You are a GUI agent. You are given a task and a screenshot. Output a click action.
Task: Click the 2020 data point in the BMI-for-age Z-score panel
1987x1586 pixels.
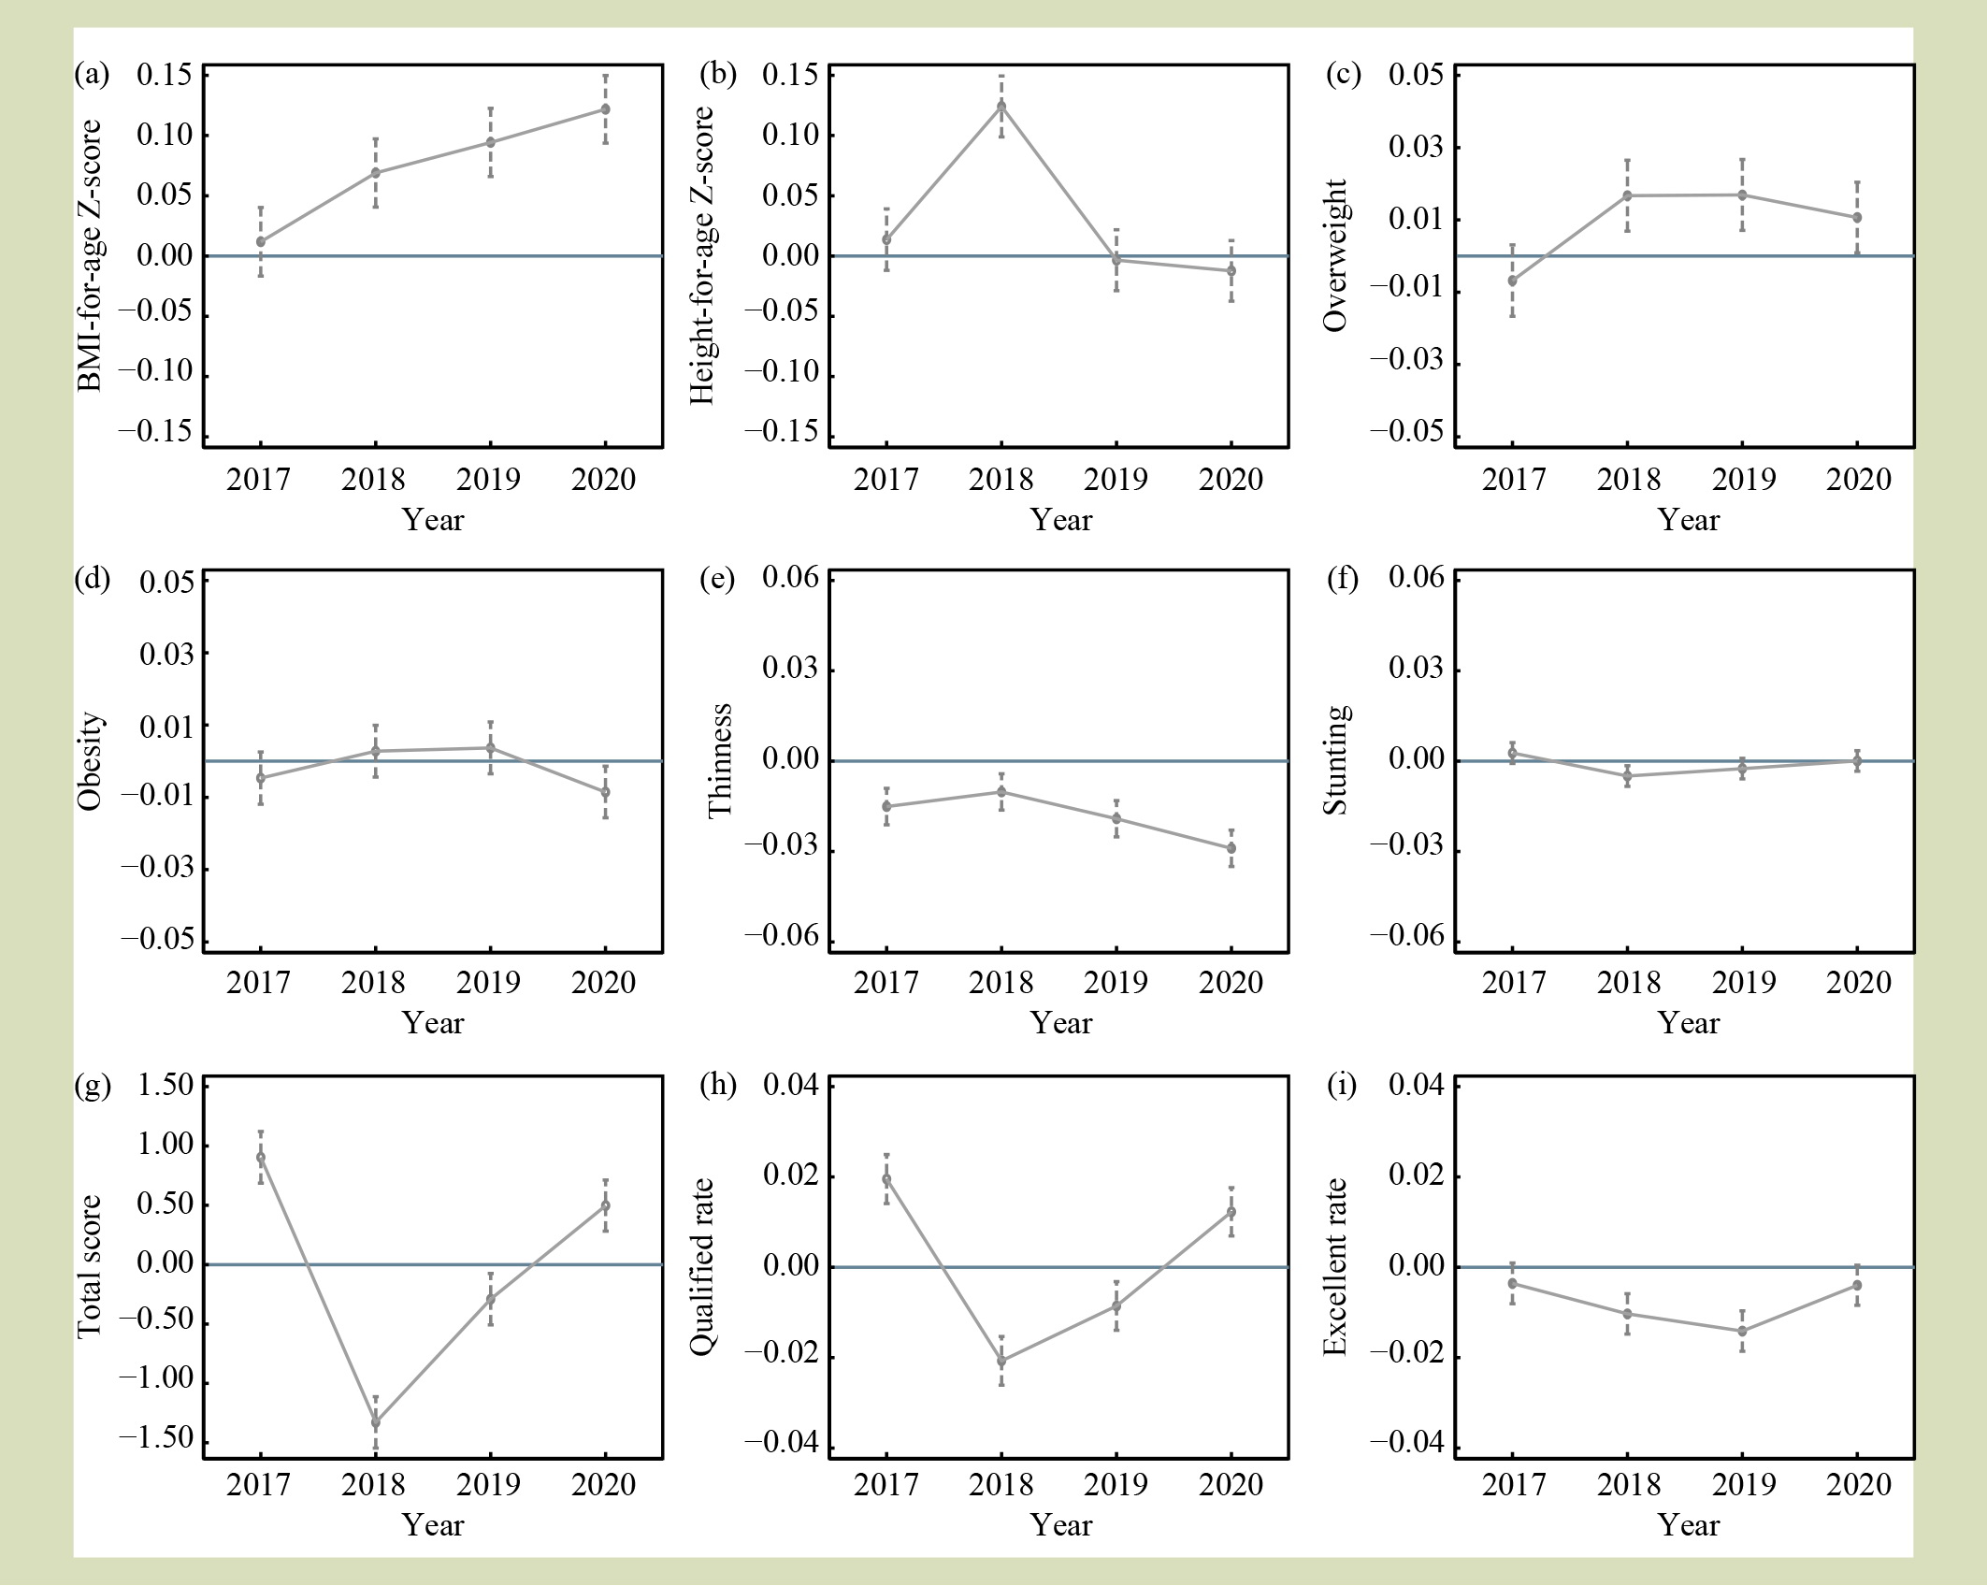point(605,109)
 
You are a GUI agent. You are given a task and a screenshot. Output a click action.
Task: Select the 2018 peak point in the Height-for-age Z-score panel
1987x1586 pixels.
point(1001,107)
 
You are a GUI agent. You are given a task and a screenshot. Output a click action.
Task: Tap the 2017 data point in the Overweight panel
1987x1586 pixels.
point(1512,281)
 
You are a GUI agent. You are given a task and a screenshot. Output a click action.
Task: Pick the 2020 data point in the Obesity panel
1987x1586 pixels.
point(605,792)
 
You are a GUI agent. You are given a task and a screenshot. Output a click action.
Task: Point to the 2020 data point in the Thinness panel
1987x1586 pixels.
point(1231,848)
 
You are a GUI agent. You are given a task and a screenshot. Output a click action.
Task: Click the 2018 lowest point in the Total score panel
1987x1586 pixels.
point(376,1422)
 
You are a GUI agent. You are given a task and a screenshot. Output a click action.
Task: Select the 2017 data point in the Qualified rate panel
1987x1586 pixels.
point(886,1179)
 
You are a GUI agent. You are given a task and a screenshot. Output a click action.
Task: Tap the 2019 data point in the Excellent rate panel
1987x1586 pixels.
point(1742,1331)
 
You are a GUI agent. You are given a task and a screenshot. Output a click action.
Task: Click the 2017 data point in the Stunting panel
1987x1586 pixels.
point(1512,753)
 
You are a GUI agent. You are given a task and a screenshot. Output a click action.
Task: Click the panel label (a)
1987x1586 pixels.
point(92,75)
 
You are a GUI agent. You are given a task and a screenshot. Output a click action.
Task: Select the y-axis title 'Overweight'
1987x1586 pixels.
point(1336,255)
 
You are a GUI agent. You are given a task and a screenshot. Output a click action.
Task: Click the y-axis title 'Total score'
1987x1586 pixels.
point(88,1266)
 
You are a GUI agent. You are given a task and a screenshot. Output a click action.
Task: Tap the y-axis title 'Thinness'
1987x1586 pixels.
point(720,761)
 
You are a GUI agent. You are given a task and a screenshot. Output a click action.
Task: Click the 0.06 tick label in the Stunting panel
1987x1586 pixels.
point(1417,578)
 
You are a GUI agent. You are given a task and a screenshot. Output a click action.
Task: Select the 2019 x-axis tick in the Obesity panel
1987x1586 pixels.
point(489,983)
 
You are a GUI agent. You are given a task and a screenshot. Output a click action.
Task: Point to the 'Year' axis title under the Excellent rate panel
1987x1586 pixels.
point(1688,1525)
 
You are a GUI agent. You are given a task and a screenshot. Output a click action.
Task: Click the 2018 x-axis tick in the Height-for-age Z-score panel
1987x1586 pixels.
point(1001,480)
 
